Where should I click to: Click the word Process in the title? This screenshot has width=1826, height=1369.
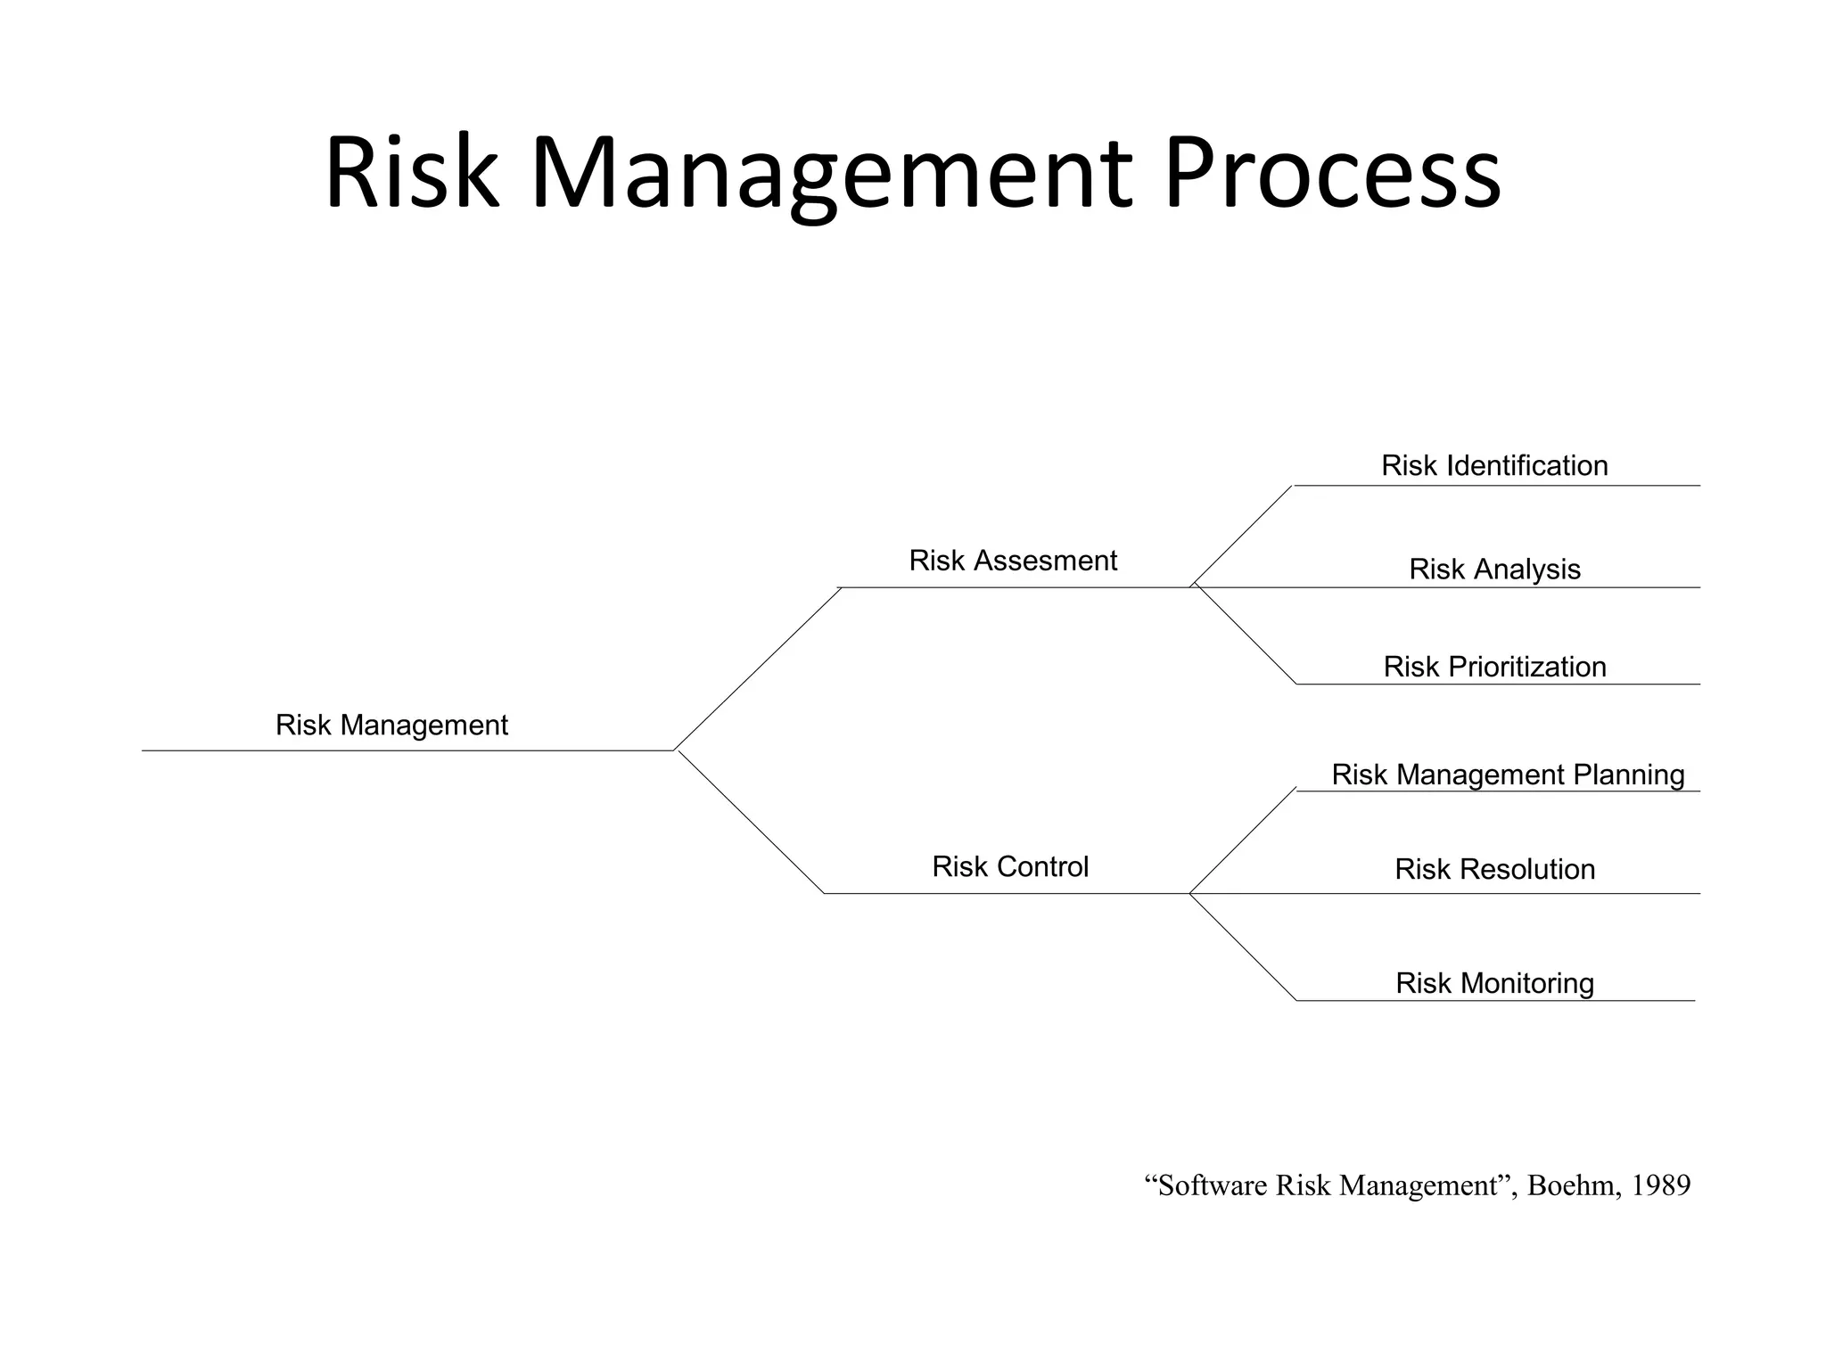(x=1332, y=174)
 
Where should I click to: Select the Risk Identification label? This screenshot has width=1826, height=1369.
(x=1494, y=465)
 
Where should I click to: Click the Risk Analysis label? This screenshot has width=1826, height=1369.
(x=1494, y=569)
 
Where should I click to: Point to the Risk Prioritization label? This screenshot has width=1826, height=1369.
(x=1494, y=667)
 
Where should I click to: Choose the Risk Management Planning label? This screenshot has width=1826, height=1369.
(x=1508, y=775)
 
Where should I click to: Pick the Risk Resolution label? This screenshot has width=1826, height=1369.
(x=1494, y=869)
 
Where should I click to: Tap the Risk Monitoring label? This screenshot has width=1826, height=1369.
(x=1494, y=983)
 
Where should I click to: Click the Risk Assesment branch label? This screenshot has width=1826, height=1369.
(x=1013, y=561)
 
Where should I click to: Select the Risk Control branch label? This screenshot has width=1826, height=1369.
(x=1010, y=866)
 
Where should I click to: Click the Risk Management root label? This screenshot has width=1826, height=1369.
(x=391, y=725)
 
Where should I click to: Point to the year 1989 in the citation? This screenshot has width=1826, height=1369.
(x=1660, y=1185)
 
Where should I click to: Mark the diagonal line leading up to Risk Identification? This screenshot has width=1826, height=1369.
(x=1243, y=535)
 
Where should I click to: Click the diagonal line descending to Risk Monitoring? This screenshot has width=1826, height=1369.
(x=1243, y=947)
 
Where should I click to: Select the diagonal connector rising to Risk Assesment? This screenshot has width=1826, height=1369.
(x=757, y=668)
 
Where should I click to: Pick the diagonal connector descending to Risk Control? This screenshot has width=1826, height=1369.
(x=751, y=822)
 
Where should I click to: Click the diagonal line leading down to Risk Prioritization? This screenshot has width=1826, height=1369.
(x=1246, y=635)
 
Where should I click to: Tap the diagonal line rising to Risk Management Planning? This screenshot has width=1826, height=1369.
(x=1243, y=841)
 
